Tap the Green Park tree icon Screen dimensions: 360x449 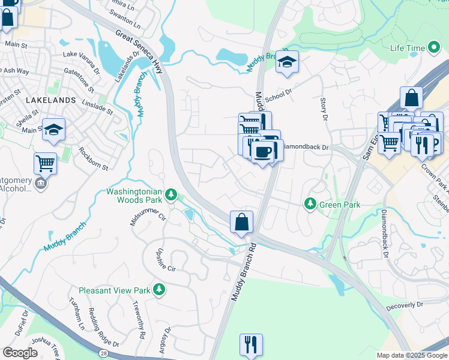coord(310,205)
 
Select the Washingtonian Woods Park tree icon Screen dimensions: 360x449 coord(171,194)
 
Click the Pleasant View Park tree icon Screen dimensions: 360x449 coord(159,290)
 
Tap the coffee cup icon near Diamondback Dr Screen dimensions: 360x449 coord(262,152)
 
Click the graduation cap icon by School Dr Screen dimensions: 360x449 coord(288,62)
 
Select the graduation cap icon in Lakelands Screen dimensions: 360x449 coord(53,130)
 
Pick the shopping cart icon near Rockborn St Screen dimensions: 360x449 coord(46,163)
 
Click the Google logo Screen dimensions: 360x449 coord(20,353)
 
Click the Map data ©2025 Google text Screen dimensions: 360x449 coord(411,355)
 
